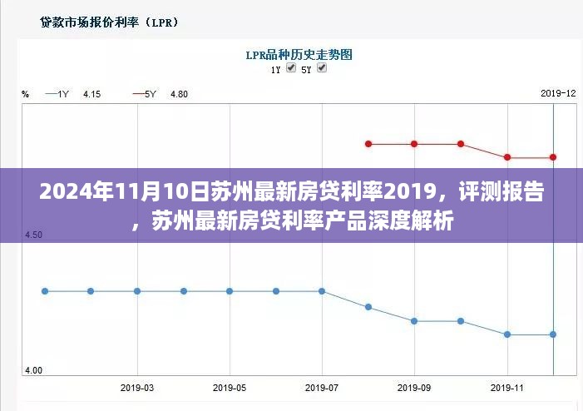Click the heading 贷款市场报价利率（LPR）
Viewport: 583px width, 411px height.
coord(99,22)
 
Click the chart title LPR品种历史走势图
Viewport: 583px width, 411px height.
coord(299,55)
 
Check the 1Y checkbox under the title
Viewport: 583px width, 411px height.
coord(291,68)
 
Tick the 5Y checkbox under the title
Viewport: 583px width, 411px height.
coord(322,68)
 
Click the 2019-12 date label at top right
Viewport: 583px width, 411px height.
coord(557,93)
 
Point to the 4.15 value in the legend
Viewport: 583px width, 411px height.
coord(91,94)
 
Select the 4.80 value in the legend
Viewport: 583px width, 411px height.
coord(179,94)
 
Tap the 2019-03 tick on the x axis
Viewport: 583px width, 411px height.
coord(137,388)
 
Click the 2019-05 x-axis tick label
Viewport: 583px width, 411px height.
coord(230,388)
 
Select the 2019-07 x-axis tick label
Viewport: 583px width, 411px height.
coord(322,388)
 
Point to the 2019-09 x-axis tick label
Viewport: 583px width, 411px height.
coord(414,388)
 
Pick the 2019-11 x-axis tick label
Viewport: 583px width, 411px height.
coord(506,388)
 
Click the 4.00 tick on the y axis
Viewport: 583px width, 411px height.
coord(34,370)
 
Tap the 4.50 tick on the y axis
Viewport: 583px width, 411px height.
coord(34,235)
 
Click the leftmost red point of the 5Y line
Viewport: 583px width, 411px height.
coord(368,144)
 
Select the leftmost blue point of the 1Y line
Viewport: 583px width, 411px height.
coord(45,291)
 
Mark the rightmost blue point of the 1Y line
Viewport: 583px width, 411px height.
coord(553,334)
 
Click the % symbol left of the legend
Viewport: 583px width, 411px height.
coord(26,94)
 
